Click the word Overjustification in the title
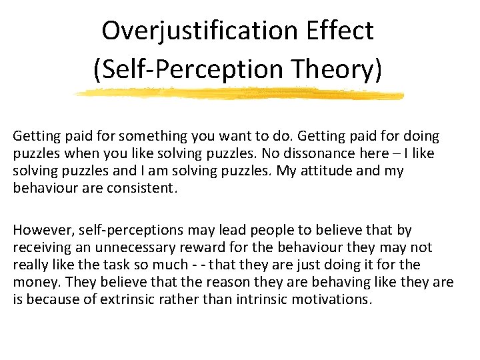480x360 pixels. click(x=200, y=30)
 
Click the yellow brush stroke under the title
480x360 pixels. click(x=240, y=94)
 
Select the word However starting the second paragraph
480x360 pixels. click(x=42, y=230)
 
